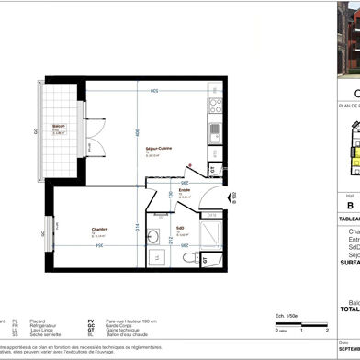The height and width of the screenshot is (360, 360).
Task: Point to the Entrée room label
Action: tap(184, 191)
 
